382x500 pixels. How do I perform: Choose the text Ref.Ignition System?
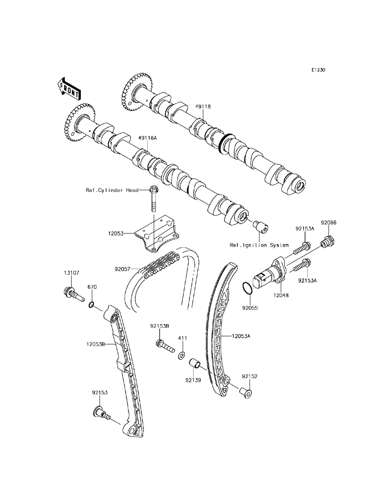point(259,245)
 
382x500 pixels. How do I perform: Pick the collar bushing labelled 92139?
point(196,362)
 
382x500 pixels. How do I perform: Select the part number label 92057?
point(122,269)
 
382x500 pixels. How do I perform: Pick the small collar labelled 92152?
point(246,392)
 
